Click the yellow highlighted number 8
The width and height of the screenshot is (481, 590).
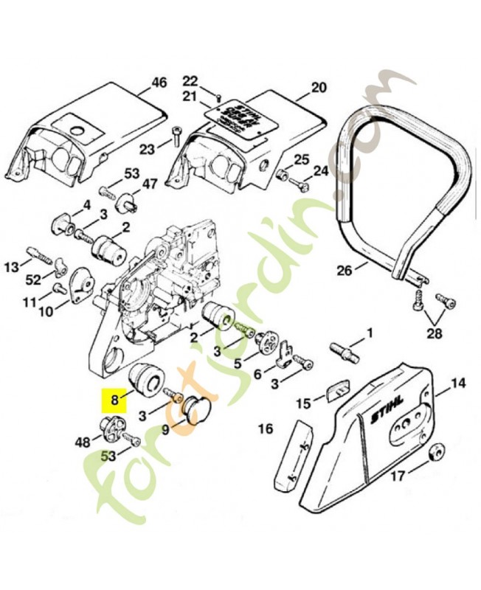pyautogui.click(x=114, y=403)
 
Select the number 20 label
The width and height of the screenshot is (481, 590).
pyautogui.click(x=318, y=87)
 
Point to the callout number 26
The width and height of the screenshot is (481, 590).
pyautogui.click(x=344, y=270)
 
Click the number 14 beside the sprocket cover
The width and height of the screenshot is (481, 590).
pyautogui.click(x=458, y=383)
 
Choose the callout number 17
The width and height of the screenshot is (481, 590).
pyautogui.click(x=397, y=476)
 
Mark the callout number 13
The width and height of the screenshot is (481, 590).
pyautogui.click(x=13, y=266)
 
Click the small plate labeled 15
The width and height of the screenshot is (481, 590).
pyautogui.click(x=336, y=388)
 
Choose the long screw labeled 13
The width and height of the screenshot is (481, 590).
pyautogui.click(x=44, y=258)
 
